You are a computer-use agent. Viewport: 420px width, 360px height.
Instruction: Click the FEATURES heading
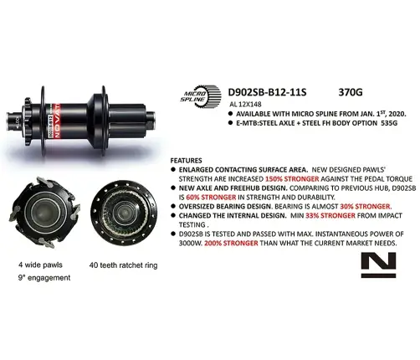coord(187,159)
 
